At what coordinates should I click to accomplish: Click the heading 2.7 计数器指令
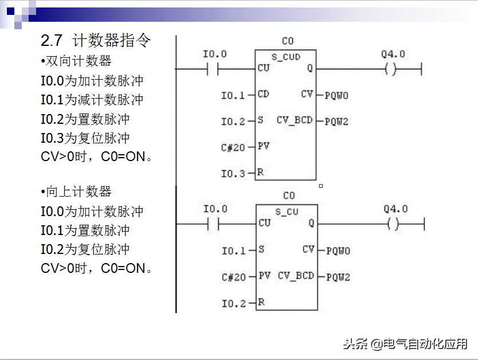(95, 41)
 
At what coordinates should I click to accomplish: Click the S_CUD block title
(285, 57)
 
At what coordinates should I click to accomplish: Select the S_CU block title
(287, 212)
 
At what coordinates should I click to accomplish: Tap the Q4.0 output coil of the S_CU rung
(393, 224)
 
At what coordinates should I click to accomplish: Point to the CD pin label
(263, 94)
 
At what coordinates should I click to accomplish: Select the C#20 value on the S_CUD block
(233, 147)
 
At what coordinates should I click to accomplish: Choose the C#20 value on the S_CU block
(233, 277)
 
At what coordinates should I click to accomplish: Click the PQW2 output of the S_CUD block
(337, 122)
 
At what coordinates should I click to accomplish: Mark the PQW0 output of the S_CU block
(338, 251)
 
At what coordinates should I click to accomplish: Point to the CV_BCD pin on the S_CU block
(296, 276)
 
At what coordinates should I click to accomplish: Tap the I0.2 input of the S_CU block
(234, 303)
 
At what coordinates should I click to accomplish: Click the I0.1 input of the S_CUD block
(233, 95)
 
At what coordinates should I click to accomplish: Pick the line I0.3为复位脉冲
(85, 138)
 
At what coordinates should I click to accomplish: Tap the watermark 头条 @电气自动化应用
(405, 344)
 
